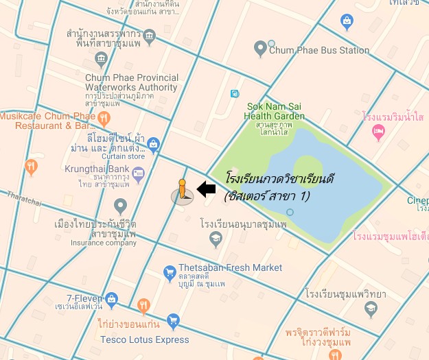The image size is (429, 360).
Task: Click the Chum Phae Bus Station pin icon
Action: tap(260, 49)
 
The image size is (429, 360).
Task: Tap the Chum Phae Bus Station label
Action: tap(319, 50)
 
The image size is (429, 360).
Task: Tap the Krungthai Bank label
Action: tap(97, 169)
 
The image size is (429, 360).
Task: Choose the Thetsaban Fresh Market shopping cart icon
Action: tap(169, 274)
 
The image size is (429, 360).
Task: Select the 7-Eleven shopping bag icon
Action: tap(112, 299)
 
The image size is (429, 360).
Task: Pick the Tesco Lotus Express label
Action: tap(144, 339)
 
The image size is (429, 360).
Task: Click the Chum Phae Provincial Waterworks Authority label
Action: tap(131, 82)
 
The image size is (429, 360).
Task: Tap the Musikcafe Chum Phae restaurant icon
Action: tap(104, 117)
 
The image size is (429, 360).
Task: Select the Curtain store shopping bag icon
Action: tap(153, 144)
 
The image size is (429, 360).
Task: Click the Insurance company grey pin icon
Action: tap(121, 205)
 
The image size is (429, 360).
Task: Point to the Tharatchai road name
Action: tap(25, 197)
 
